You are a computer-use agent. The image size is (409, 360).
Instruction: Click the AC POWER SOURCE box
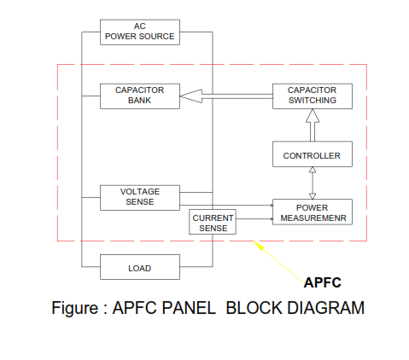(140, 32)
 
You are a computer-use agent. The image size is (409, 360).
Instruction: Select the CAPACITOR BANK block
(140, 96)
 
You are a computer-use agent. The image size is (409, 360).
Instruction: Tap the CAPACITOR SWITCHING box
(313, 96)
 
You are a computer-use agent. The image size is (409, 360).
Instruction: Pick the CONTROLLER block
(313, 154)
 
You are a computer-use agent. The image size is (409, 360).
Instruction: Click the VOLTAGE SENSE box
(140, 198)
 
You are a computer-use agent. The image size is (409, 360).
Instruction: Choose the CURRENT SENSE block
(213, 222)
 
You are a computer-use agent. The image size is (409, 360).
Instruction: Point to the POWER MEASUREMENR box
(313, 212)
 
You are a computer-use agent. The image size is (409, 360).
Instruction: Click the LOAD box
(140, 267)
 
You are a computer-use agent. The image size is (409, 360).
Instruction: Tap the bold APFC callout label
(323, 282)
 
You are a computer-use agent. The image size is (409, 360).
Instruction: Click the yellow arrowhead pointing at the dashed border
(258, 246)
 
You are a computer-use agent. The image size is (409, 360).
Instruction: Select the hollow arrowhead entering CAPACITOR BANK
(190, 96)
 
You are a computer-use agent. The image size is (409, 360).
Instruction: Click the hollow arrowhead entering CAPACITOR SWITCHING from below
(313, 116)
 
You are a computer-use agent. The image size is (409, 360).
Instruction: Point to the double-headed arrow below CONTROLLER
(313, 183)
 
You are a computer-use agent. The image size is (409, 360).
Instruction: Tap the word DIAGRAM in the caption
(325, 308)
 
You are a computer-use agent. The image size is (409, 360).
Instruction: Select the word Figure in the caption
(75, 308)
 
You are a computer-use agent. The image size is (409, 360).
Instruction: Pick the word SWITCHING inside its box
(313, 101)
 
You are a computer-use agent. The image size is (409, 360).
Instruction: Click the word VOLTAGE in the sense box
(140, 192)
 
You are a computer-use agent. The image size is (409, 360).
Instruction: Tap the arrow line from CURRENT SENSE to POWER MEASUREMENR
(254, 218)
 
